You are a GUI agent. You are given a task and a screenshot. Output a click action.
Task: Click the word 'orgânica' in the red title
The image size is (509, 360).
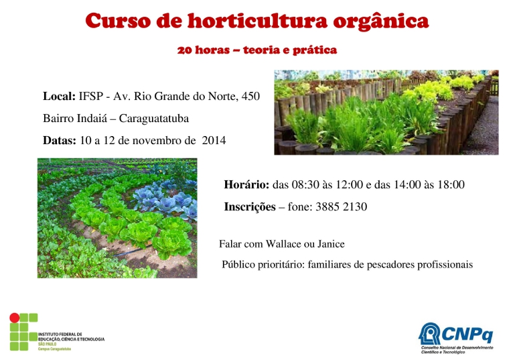pos(381,21)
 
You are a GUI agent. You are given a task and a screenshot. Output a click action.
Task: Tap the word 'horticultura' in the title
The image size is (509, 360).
pos(257,21)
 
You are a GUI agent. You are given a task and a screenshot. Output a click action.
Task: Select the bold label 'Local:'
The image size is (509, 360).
pos(59,96)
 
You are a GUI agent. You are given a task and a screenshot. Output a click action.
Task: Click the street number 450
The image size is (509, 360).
pos(250,96)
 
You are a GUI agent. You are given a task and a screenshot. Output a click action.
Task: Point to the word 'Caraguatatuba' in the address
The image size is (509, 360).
pos(154,118)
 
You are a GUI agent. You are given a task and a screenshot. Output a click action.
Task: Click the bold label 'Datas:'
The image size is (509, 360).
pos(60,140)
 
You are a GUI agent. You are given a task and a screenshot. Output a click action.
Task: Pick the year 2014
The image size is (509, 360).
pos(214,140)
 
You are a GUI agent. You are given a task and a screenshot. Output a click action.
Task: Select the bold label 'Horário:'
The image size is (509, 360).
pos(246,184)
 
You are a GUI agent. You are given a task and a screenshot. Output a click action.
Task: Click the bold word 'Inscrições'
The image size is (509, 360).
pos(250,207)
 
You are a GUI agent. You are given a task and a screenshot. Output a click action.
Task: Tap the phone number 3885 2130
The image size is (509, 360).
pos(341,206)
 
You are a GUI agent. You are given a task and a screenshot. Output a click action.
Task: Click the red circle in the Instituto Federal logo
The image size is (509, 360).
pos(14,318)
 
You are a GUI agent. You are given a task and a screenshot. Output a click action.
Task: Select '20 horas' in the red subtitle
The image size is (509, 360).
pos(203,50)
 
